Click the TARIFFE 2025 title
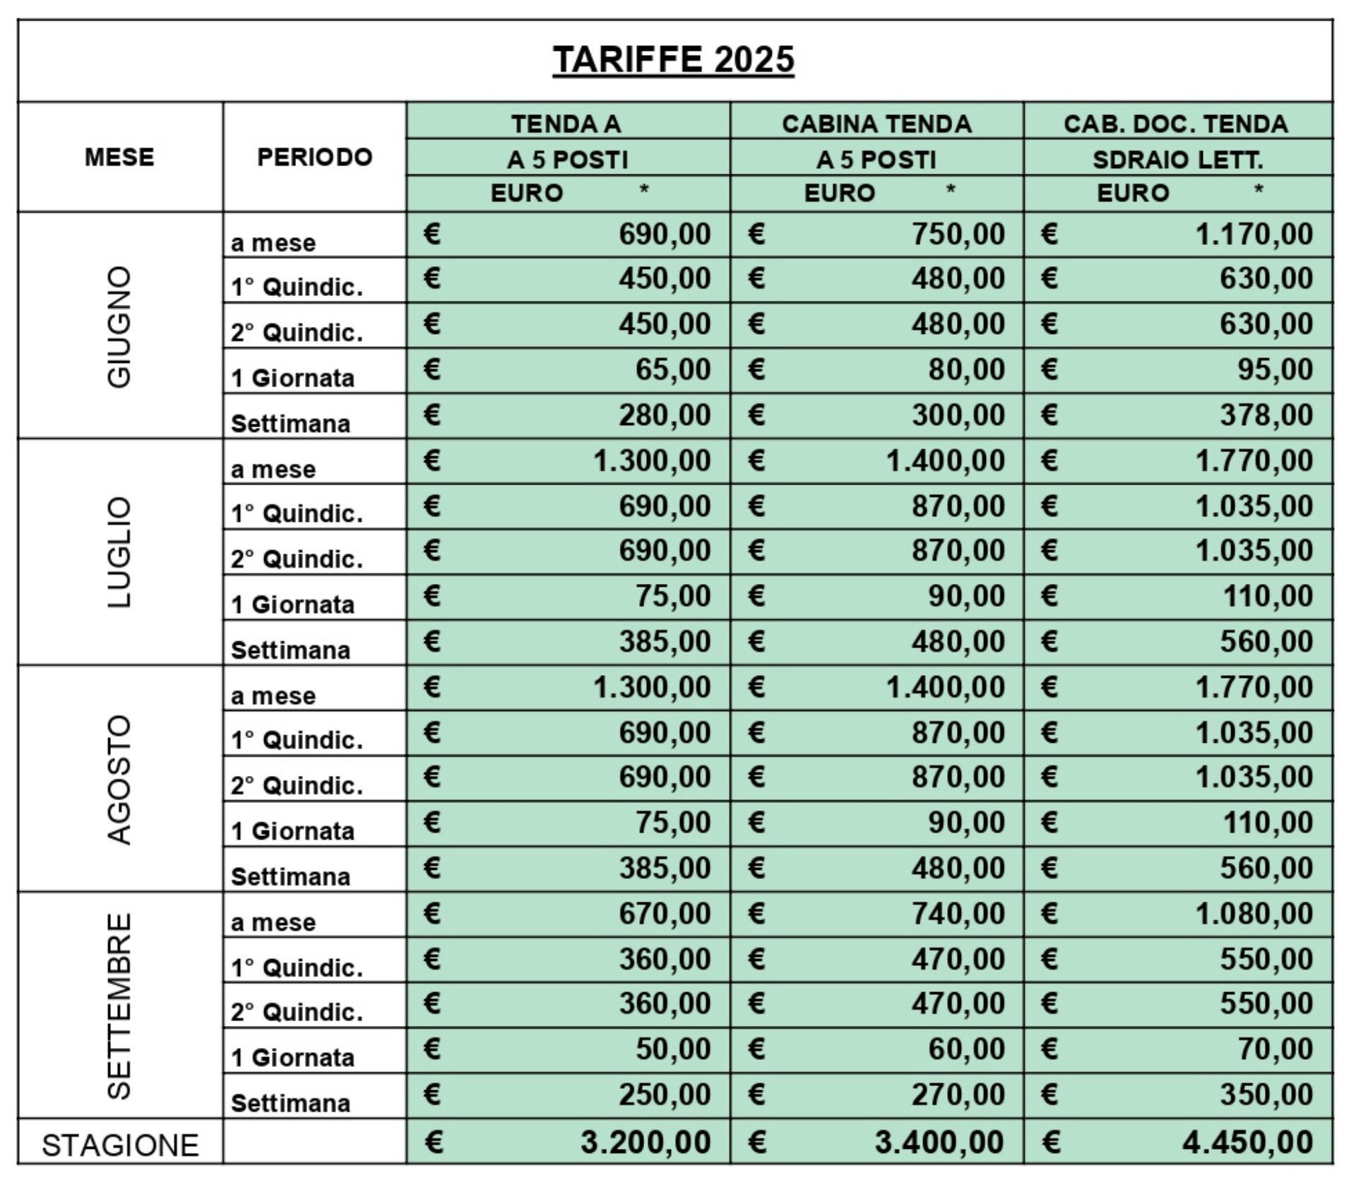(x=673, y=59)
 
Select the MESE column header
(x=119, y=157)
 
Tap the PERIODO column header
(x=314, y=157)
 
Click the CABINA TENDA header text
(x=876, y=124)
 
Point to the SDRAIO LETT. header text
(x=1177, y=160)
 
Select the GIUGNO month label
(x=119, y=326)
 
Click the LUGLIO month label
(x=119, y=552)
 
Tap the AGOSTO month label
(x=119, y=779)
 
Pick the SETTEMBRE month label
(x=119, y=1006)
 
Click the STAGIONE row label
(x=120, y=1145)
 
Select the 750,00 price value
(x=958, y=234)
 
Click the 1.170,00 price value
(x=1254, y=234)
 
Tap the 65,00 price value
(x=672, y=369)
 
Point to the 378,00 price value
(x=1266, y=414)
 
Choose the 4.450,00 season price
(x=1247, y=1142)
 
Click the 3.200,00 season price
(x=645, y=1142)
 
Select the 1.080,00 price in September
(x=1254, y=914)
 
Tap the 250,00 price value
(x=665, y=1094)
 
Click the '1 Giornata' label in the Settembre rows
(x=293, y=1058)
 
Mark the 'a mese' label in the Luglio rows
(x=273, y=470)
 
